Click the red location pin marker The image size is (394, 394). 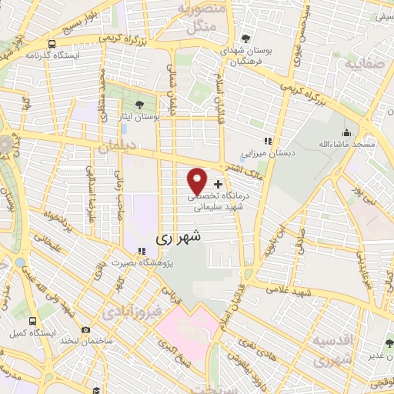pos(198,181)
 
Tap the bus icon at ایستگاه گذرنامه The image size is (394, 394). pos(51,44)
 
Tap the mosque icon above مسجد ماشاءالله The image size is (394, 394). pos(347,132)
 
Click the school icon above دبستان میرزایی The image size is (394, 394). pos(268,141)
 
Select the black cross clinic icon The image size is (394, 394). pos(219,185)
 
